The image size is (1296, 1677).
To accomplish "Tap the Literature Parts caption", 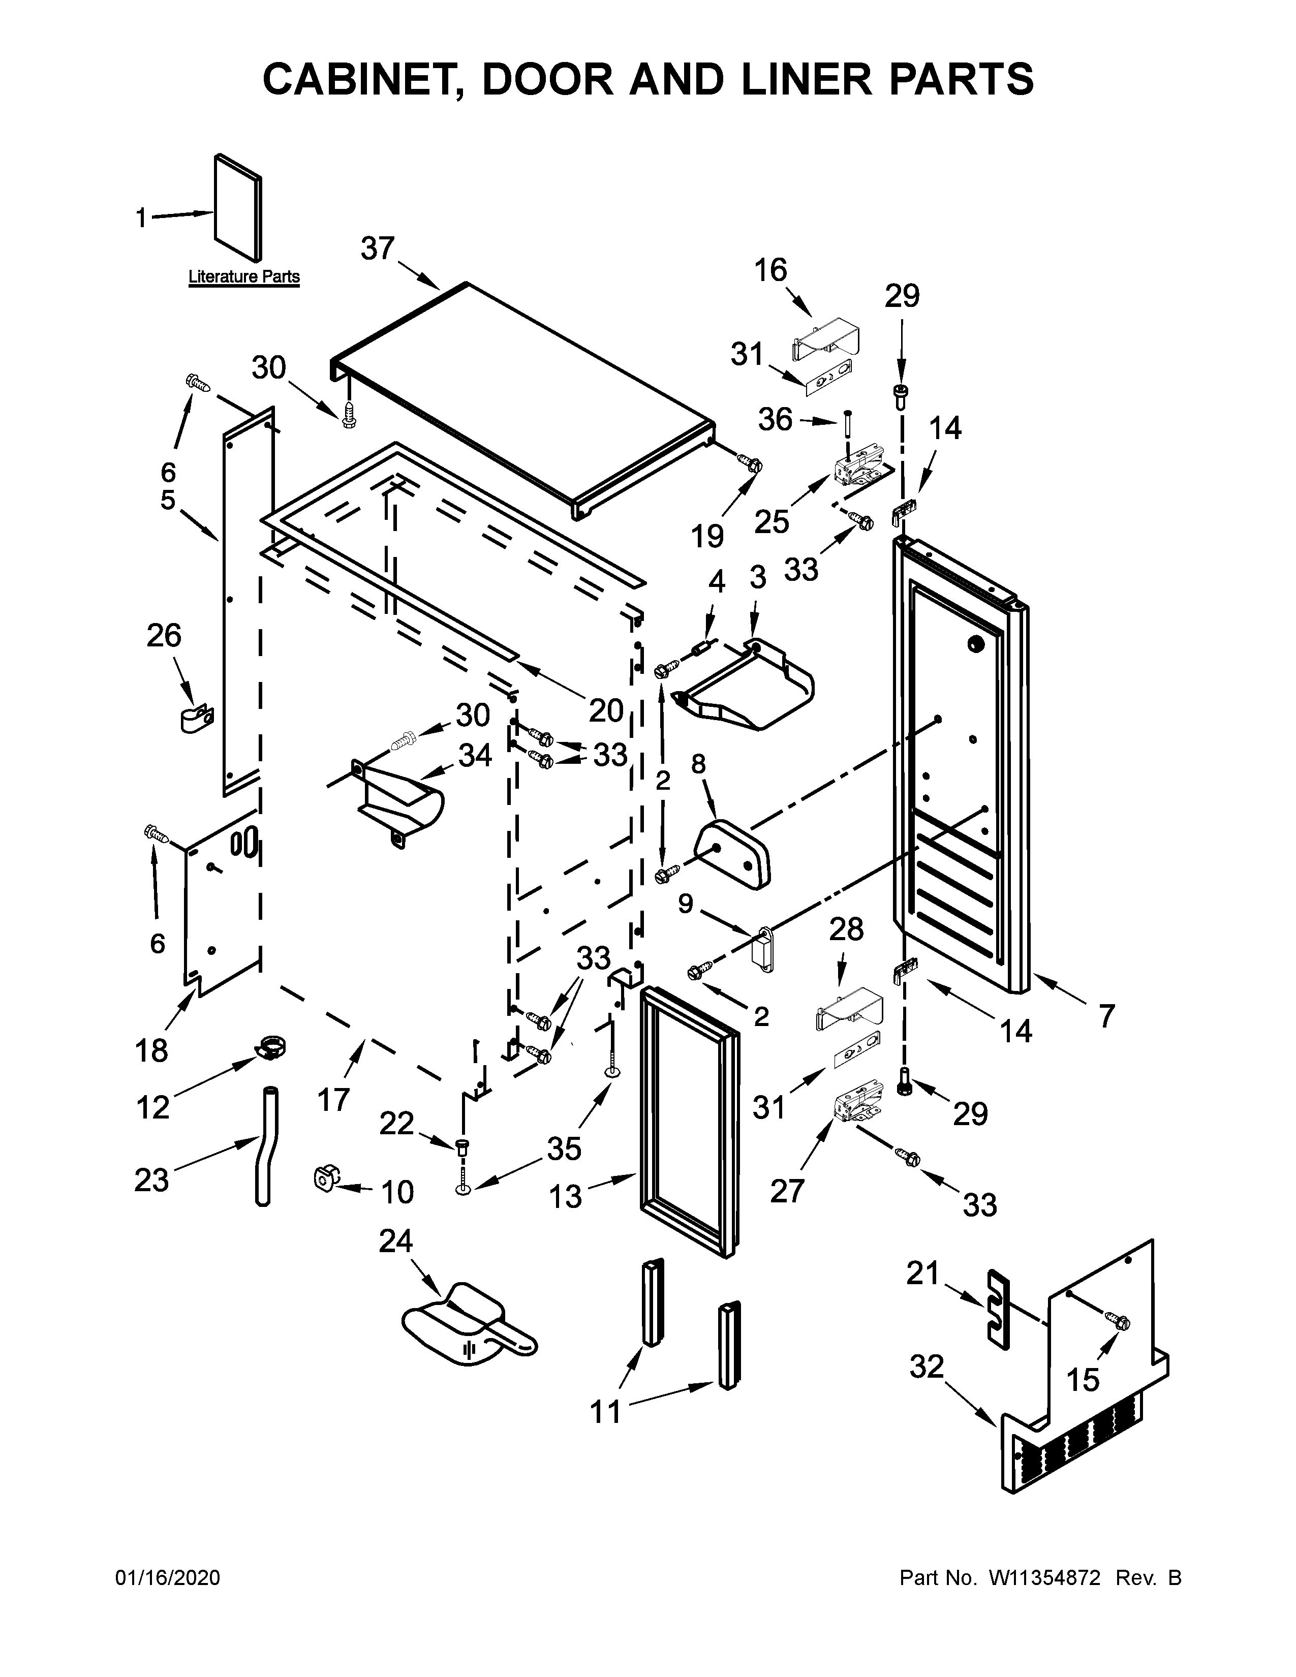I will (x=244, y=276).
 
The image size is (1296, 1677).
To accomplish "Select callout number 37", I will (x=378, y=249).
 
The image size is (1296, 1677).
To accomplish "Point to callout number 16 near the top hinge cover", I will (x=770, y=270).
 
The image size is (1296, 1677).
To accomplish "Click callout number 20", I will (x=606, y=710).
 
